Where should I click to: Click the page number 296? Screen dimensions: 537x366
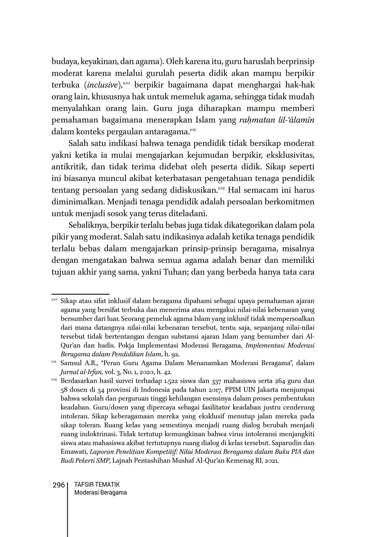point(58,485)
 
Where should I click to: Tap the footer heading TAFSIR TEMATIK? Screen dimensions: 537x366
point(97,484)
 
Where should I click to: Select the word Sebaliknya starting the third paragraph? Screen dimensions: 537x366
point(88,225)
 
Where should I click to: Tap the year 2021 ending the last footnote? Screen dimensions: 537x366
point(271,460)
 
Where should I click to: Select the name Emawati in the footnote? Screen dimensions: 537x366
point(73,451)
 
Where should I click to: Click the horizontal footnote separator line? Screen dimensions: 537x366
point(80,294)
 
